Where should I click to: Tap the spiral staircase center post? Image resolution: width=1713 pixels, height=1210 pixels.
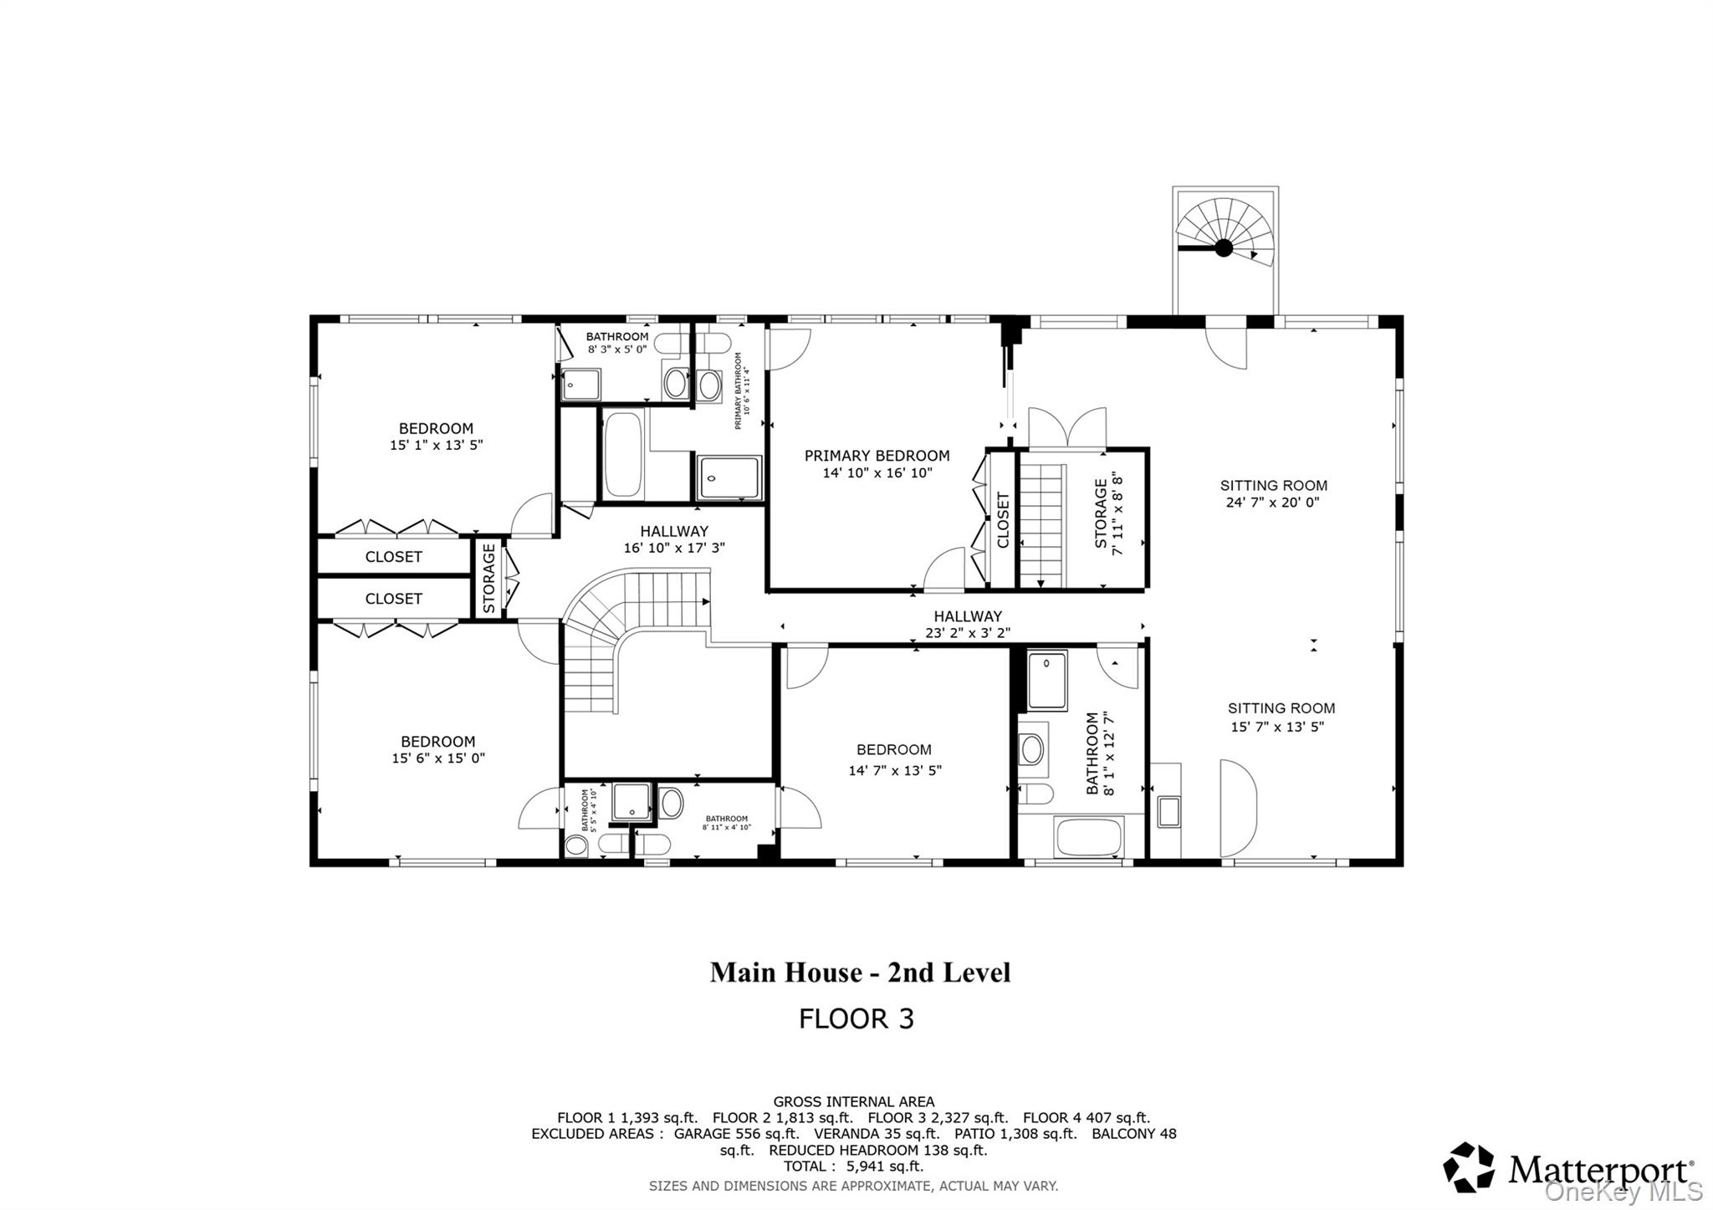click(1223, 248)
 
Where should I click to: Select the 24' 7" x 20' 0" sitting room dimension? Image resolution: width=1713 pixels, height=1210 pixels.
click(1272, 503)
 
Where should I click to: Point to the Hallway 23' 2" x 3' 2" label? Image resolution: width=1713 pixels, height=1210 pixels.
click(967, 625)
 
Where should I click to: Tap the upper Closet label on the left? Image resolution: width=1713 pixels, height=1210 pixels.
click(393, 557)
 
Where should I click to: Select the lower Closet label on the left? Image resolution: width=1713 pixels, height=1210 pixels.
click(393, 599)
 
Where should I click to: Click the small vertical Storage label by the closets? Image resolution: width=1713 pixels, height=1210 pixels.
click(489, 578)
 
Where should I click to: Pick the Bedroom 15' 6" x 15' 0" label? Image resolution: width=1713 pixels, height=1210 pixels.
click(437, 750)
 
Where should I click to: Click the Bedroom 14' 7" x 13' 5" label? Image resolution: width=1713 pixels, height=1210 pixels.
click(894, 759)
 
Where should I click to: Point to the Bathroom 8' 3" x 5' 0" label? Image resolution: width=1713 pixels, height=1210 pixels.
click(617, 342)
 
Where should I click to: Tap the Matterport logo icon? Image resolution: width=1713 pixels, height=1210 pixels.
click(1469, 1167)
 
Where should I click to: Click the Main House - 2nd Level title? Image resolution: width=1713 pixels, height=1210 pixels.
click(860, 973)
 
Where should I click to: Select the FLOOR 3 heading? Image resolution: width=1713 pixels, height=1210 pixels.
click(856, 1019)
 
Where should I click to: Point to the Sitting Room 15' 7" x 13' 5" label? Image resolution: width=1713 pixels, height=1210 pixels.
click(1281, 717)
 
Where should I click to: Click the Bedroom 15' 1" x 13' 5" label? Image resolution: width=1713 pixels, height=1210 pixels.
click(436, 437)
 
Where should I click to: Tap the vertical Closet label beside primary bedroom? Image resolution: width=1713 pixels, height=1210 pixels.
click(1003, 520)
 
